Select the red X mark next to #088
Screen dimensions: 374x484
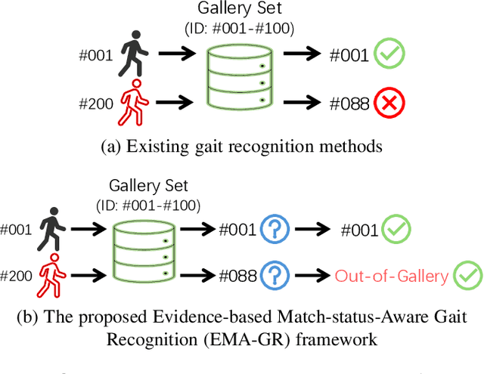[x=390, y=103]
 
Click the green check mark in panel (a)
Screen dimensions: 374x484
[x=390, y=54]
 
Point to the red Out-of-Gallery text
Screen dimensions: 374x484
[x=392, y=276]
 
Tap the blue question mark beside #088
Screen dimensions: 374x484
[x=275, y=275]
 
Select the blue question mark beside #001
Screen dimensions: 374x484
[x=275, y=230]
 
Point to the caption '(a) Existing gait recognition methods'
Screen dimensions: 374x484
[x=241, y=147]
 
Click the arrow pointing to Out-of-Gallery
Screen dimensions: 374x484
[x=312, y=276]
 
